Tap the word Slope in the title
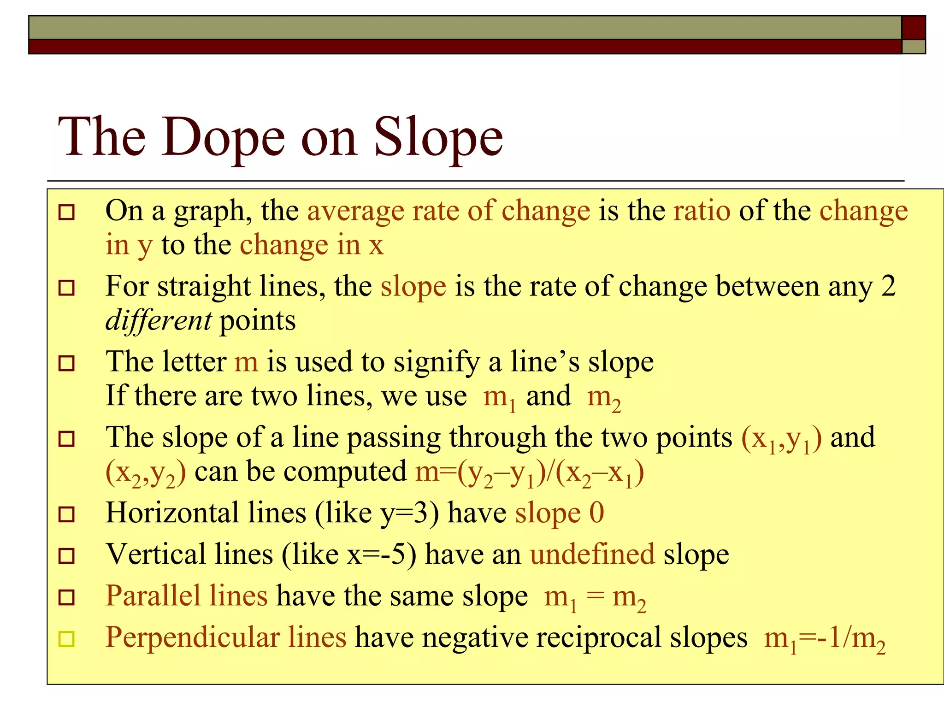(x=438, y=137)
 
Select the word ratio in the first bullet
(x=702, y=211)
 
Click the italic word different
(x=159, y=320)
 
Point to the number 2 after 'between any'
(x=888, y=286)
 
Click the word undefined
(x=592, y=554)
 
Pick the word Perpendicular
(x=192, y=637)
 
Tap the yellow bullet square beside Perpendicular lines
(x=67, y=639)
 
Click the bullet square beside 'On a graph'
(x=67, y=212)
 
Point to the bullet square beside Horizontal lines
(x=67, y=514)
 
